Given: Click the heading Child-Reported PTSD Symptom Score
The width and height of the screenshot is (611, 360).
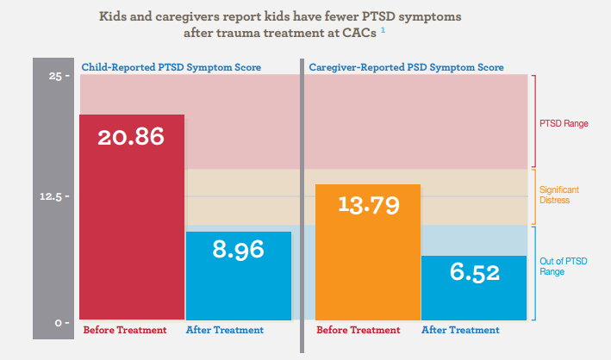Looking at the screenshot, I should (x=171, y=66).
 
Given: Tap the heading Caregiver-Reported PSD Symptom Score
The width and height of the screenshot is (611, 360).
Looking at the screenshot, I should (x=406, y=66).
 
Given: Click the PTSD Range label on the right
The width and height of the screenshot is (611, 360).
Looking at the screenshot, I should (x=564, y=123).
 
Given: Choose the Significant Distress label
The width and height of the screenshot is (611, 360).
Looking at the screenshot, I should (x=560, y=195).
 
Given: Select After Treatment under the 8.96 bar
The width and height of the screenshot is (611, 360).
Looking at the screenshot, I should (x=225, y=330).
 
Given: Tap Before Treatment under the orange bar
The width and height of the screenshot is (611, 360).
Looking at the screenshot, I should (x=358, y=330).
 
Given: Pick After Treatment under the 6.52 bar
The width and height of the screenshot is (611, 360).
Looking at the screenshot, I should (x=460, y=330).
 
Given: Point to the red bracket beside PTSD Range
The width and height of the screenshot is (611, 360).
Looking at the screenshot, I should (x=534, y=121).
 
